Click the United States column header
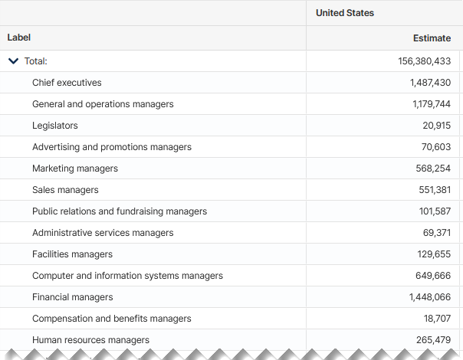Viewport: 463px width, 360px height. coord(344,13)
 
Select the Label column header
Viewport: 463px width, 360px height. coord(19,38)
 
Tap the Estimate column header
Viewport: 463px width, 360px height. coord(432,38)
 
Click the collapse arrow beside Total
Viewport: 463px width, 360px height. coord(13,61)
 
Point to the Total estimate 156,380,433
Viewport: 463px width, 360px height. coord(425,61)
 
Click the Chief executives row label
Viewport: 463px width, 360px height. coord(67,83)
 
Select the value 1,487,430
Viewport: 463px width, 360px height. coord(430,83)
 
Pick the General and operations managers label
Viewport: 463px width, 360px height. coord(103,104)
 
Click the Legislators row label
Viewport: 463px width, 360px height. coord(55,126)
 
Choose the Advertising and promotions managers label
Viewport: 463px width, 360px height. coord(112,147)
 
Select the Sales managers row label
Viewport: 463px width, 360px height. coord(65,190)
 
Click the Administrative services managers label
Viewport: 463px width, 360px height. coord(103,233)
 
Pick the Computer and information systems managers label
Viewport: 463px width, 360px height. coord(127,276)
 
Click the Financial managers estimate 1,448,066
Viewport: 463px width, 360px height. coord(430,297)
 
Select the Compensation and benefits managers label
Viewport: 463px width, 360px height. coord(112,319)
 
